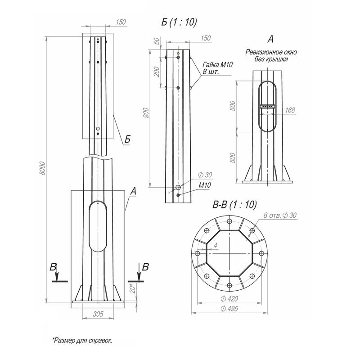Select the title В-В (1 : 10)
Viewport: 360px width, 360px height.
pyautogui.click(x=234, y=205)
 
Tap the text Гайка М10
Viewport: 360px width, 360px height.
pyautogui.click(x=217, y=65)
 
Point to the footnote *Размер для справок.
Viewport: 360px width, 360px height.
pyautogui.click(x=82, y=340)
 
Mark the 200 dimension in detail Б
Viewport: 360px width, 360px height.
pyautogui.click(x=156, y=72)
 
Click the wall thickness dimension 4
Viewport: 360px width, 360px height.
pyautogui.click(x=216, y=245)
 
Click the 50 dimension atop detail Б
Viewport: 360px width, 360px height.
pyautogui.click(x=156, y=41)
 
